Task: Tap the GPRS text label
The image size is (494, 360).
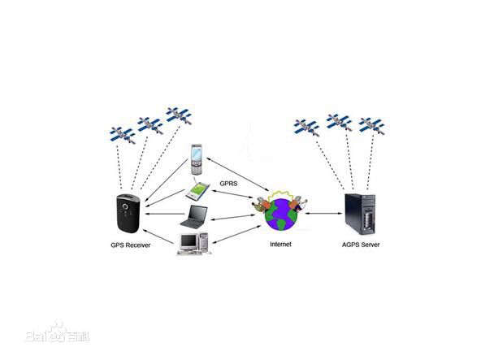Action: (x=230, y=184)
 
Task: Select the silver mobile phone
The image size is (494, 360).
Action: (x=196, y=159)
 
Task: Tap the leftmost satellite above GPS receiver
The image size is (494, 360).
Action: (x=123, y=133)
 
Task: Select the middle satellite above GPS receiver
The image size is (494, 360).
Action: (x=149, y=124)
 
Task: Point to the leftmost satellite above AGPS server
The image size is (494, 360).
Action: (x=306, y=127)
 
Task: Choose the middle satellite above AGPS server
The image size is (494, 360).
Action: (x=338, y=122)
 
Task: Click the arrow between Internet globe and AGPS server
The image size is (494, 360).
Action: (x=323, y=215)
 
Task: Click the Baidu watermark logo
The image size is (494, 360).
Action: (x=57, y=333)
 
